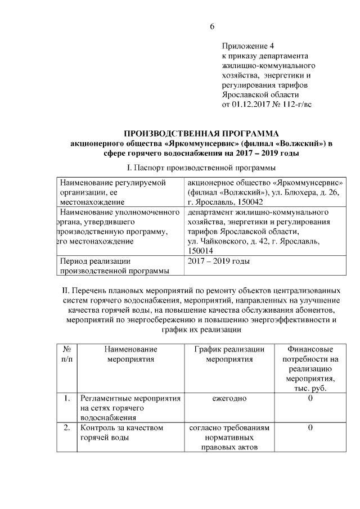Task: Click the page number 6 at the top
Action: tap(213, 26)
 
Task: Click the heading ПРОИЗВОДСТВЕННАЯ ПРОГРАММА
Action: tap(201, 133)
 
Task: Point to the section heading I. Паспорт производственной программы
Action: tap(201, 168)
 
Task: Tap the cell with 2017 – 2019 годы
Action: tap(219, 262)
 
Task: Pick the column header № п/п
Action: tap(66, 354)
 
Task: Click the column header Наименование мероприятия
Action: tap(130, 354)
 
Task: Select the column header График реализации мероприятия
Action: tap(229, 354)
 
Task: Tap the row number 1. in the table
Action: tap(66, 399)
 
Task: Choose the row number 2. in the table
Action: tap(66, 428)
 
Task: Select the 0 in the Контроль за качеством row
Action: tap(310, 428)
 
